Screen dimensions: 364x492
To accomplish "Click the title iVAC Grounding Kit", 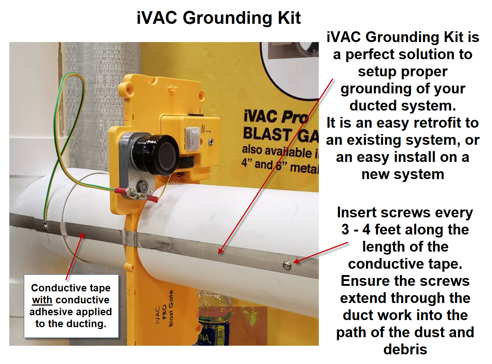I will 219,18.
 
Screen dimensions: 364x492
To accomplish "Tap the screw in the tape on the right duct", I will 287,265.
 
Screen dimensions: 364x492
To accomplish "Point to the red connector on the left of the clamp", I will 120,191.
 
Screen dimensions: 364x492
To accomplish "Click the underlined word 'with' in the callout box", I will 42,300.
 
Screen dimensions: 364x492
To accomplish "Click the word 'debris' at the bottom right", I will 405,349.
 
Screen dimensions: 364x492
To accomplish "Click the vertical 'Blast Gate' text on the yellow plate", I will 171,309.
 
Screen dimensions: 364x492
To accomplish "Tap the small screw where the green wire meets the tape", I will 45,226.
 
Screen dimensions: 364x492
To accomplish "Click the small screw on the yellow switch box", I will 211,141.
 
